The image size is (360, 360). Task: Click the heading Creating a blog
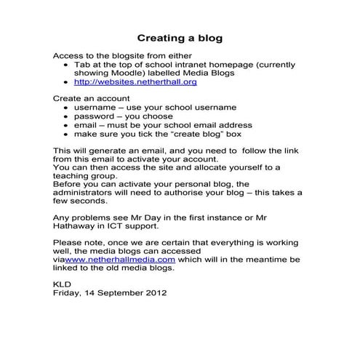[180, 37]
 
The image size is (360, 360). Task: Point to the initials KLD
[63, 284]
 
